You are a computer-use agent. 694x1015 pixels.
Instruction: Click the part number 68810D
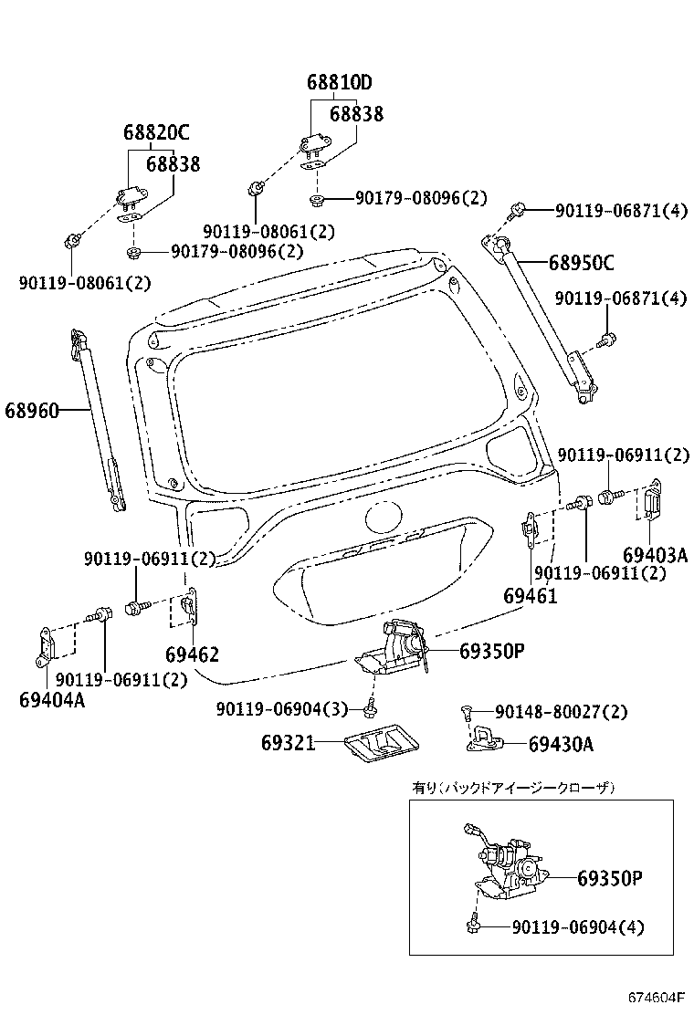339,83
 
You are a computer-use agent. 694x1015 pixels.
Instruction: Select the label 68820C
156,133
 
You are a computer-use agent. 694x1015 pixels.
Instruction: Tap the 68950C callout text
581,264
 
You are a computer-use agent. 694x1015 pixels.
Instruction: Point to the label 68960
32,411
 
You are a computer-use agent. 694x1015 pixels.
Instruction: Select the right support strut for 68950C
544,319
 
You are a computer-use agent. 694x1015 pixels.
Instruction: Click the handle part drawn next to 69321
378,747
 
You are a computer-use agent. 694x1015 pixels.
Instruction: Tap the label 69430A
561,744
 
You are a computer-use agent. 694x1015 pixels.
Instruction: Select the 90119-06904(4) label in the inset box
577,927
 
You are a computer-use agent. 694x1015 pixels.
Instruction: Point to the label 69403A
655,555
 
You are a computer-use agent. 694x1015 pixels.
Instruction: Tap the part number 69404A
50,700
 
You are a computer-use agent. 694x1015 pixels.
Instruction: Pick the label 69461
530,596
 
